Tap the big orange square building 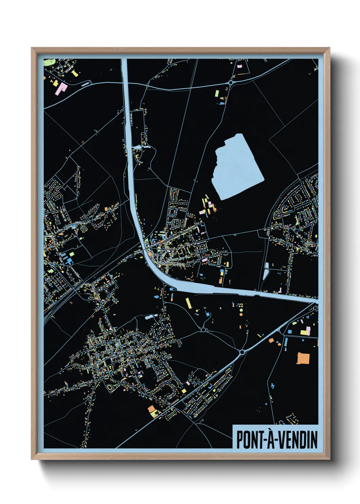coord(304,358)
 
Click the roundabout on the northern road coord(231,82)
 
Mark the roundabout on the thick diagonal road coord(242,352)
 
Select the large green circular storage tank coord(241,310)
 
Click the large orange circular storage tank coord(241,314)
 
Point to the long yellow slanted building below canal coord(188,303)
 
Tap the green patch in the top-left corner coord(50,62)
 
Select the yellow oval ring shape coord(110,388)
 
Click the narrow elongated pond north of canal coord(266,271)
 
